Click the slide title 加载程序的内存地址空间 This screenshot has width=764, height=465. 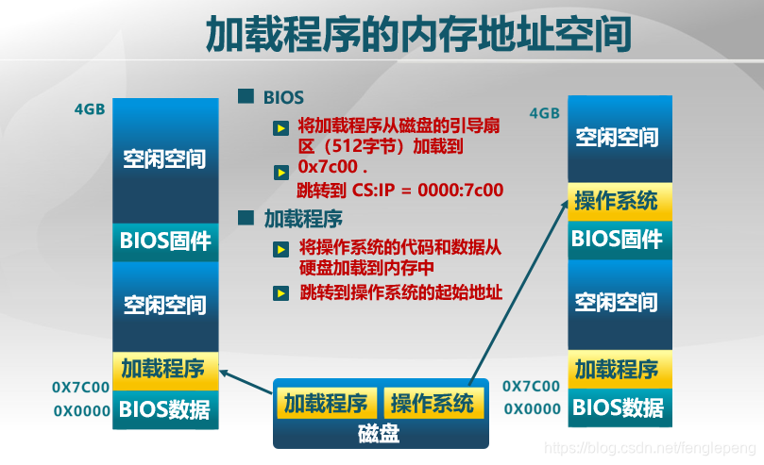pyautogui.click(x=417, y=36)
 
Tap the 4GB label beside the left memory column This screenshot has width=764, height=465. pyautogui.click(x=90, y=108)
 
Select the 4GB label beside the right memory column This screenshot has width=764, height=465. pyautogui.click(x=545, y=113)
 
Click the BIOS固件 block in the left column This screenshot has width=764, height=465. pyautogui.click(x=165, y=241)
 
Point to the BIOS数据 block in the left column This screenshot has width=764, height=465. pyautogui.click(x=165, y=410)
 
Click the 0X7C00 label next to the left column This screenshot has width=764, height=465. pyautogui.click(x=80, y=387)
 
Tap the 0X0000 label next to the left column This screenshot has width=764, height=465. pyautogui.click(x=80, y=411)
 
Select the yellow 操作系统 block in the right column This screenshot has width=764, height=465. pyautogui.click(x=618, y=200)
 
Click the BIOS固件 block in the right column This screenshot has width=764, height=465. pyautogui.click(x=618, y=239)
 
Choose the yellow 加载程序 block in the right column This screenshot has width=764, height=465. pyautogui.click(x=618, y=368)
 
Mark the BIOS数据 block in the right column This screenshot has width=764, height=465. pyautogui.click(x=618, y=408)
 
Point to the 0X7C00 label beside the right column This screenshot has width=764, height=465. pyautogui.click(x=532, y=387)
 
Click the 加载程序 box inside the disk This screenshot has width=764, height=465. pyautogui.click(x=326, y=404)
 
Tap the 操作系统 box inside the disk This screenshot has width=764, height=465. pyautogui.click(x=433, y=404)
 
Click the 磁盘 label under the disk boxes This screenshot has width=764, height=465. pyautogui.click(x=380, y=434)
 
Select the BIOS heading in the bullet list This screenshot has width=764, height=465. pyautogui.click(x=283, y=97)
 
